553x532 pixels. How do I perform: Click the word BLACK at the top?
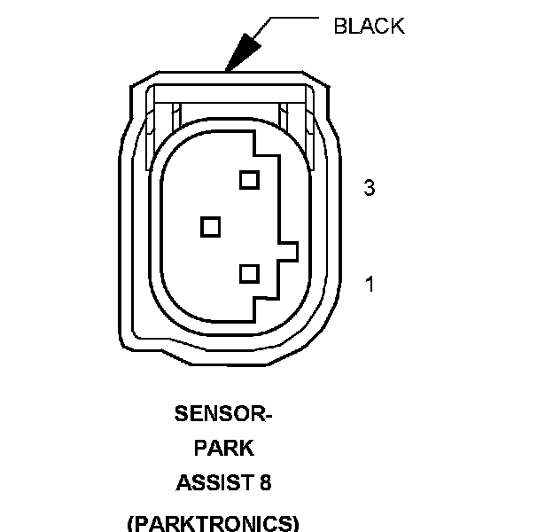[x=368, y=26]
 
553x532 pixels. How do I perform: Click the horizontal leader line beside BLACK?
[x=293, y=18]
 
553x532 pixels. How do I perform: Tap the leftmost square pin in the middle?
[x=210, y=227]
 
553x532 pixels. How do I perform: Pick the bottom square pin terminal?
[x=248, y=273]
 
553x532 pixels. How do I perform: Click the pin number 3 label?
[x=370, y=188]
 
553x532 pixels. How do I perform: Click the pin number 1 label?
[x=370, y=285]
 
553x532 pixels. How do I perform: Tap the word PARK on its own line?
[x=223, y=448]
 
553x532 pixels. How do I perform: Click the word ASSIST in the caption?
[x=210, y=483]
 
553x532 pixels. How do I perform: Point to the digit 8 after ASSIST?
[x=265, y=483]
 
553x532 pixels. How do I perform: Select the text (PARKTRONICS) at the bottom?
[x=214, y=522]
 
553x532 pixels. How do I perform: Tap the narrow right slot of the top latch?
[x=285, y=115]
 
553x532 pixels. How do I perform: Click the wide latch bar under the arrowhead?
[x=230, y=91]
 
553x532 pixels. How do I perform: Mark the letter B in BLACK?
[x=339, y=26]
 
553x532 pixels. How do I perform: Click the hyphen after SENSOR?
[x=268, y=413]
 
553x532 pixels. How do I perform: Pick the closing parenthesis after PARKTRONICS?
[x=295, y=522]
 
